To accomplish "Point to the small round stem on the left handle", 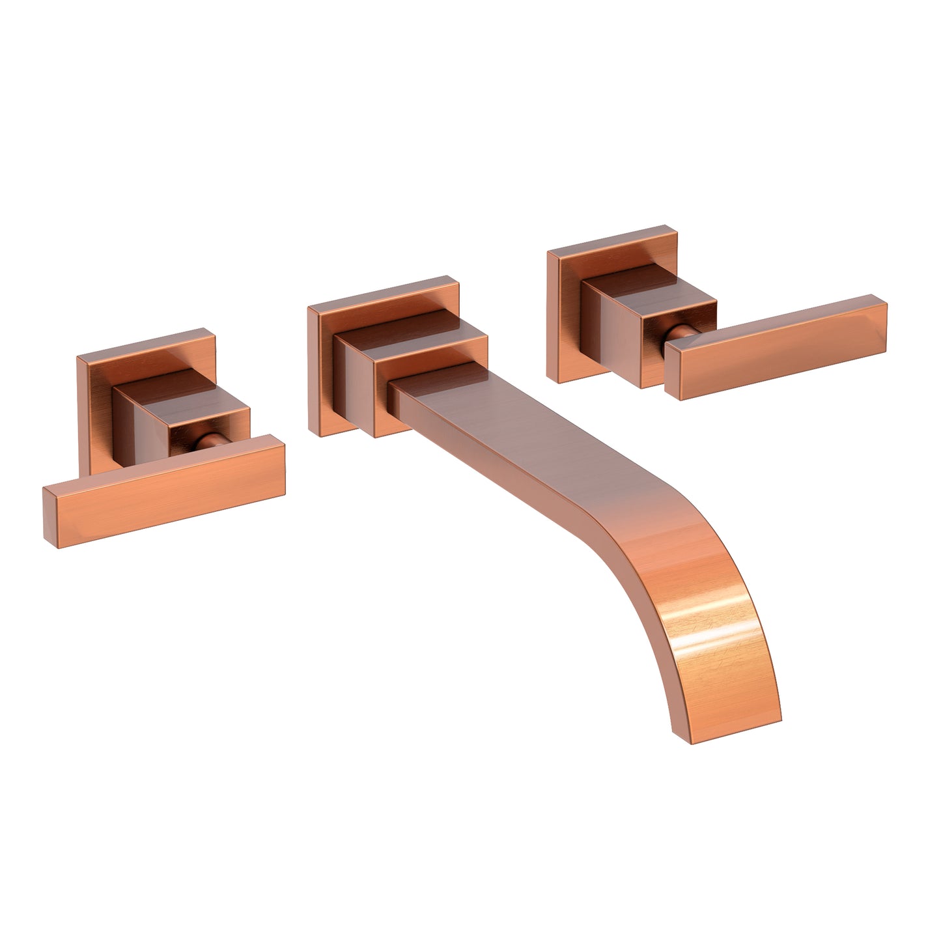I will click(x=207, y=443).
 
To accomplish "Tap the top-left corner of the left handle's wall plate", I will click(x=78, y=358).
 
